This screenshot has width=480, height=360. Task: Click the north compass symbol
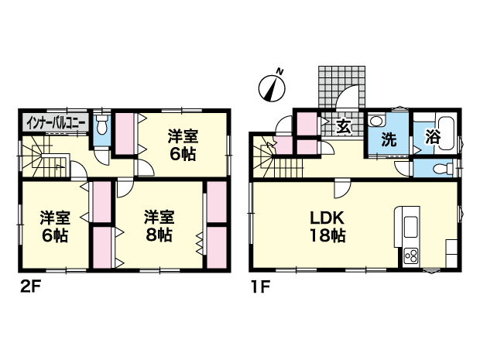coord(272,88)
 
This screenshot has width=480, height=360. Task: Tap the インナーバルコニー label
coord(56,123)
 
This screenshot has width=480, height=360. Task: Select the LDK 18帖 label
coord(327,227)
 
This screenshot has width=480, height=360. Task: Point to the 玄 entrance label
coord(343,126)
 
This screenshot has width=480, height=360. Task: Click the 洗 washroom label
coord(389,139)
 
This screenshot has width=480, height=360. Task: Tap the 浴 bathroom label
coord(432,137)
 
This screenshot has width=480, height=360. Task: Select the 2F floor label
coord(30,286)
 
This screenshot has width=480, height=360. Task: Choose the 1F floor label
coord(260,286)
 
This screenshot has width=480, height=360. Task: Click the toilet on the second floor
coord(102,125)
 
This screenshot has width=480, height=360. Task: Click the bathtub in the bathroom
coord(447,133)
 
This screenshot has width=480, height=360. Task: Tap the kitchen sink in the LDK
coord(411,227)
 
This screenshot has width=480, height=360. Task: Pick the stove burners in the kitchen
coord(411,255)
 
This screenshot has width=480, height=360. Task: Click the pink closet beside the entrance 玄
coord(307,124)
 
